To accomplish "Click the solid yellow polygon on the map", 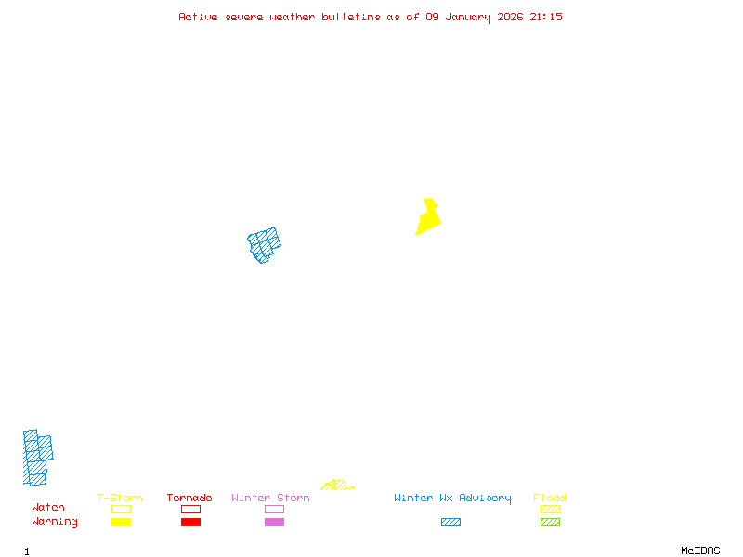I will tap(427, 220).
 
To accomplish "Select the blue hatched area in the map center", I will tap(265, 245).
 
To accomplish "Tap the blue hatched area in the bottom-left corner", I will tap(36, 458).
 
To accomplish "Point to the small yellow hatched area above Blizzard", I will tap(336, 486).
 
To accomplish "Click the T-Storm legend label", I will tap(120, 499).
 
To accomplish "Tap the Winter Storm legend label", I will tap(270, 499).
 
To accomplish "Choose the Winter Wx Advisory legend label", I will tap(452, 499).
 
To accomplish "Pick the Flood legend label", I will tap(550, 499).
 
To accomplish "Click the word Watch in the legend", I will tap(48, 508).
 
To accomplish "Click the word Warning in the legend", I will tap(55, 522).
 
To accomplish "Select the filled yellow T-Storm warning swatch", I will tap(121, 523).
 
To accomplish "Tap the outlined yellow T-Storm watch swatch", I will tap(121, 509).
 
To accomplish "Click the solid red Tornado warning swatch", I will tap(190, 523).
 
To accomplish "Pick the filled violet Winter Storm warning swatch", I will tap(274, 523).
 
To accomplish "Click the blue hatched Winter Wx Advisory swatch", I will tap(450, 523).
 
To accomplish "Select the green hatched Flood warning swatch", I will tap(550, 523).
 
